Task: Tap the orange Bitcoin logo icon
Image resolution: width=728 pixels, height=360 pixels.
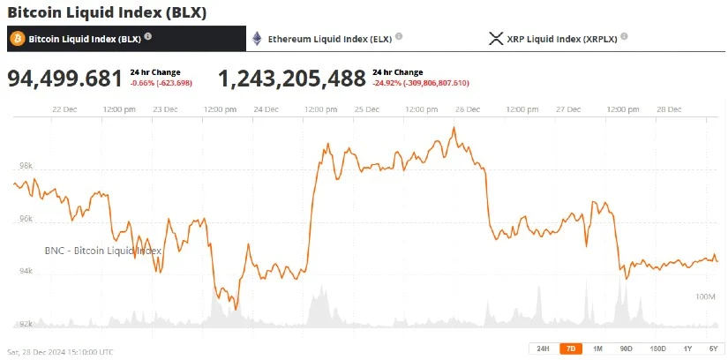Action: (x=17, y=38)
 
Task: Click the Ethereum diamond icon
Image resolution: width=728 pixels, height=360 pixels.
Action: (x=257, y=38)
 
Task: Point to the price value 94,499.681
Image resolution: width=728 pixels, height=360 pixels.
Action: (x=65, y=79)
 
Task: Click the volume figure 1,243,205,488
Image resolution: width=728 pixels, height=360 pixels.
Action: (x=292, y=79)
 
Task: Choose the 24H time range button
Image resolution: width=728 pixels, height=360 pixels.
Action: (x=543, y=349)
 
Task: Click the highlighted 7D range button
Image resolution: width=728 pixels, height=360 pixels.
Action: (x=570, y=349)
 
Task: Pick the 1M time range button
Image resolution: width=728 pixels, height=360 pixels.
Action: (x=597, y=349)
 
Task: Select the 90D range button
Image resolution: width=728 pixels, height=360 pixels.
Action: (x=626, y=349)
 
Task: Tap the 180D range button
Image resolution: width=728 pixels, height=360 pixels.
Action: (x=657, y=349)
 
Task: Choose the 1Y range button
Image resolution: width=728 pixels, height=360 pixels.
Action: (x=687, y=349)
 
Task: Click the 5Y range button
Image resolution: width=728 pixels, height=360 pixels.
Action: (x=712, y=349)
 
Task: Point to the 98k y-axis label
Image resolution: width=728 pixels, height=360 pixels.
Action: (x=26, y=166)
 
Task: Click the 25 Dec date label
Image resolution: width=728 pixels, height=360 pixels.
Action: (x=366, y=109)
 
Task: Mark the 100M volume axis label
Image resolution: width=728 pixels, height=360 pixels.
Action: (x=704, y=296)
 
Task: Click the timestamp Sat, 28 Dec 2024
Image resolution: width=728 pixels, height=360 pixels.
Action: (x=60, y=351)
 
